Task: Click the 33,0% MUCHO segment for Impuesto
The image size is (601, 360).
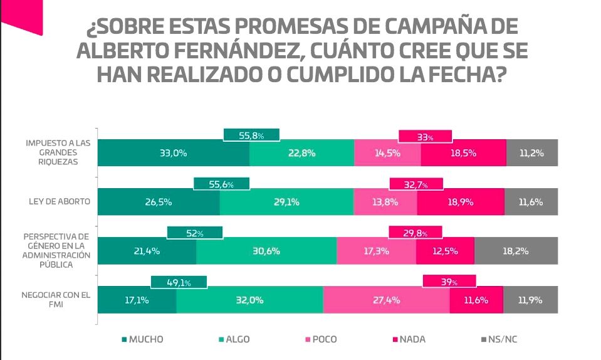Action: coord(174,153)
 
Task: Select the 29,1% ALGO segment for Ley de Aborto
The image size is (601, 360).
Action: coord(286,202)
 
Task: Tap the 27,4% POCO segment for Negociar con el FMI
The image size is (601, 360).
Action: coord(386,300)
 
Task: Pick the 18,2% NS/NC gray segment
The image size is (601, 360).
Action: coord(516,251)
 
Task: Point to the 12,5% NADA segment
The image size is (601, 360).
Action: coord(445,251)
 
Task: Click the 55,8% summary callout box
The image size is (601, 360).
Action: coord(251,135)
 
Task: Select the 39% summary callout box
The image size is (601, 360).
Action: coord(449,282)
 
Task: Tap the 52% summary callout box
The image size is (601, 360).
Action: coord(195,233)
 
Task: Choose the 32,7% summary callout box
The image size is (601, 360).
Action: coord(416,184)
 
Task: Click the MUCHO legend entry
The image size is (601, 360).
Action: coord(142,339)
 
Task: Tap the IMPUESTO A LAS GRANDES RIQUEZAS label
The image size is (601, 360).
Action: coord(58,152)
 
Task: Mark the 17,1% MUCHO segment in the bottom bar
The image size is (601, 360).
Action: coord(137,300)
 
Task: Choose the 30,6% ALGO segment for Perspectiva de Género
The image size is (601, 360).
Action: coord(266,251)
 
